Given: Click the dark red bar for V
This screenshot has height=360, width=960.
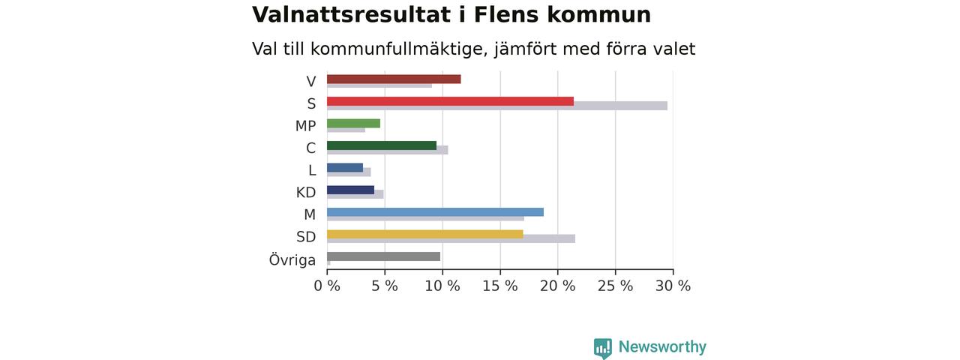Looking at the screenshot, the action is [x=394, y=79].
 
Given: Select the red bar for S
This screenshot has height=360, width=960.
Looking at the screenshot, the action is [x=451, y=101].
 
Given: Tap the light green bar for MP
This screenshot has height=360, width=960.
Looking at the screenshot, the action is [x=353, y=124].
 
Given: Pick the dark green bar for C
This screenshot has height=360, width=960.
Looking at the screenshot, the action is [x=382, y=145].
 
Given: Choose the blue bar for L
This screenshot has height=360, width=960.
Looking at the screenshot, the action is [x=345, y=167].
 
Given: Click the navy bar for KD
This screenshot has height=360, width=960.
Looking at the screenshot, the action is [x=350, y=190].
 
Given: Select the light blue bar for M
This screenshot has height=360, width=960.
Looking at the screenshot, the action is [x=436, y=212].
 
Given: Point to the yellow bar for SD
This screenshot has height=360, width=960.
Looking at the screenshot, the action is [x=425, y=235].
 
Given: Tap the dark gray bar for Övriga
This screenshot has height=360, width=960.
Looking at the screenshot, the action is [x=383, y=256].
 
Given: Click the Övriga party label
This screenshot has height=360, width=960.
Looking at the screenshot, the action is [x=292, y=259].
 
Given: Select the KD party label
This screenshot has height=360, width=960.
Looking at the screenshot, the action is [x=306, y=193].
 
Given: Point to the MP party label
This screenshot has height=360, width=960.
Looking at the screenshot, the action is [x=305, y=126].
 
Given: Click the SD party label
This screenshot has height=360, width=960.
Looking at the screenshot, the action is [x=306, y=236].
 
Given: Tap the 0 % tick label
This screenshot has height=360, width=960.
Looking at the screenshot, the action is [x=327, y=286].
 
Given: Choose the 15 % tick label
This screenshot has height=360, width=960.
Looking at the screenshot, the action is [x=500, y=286].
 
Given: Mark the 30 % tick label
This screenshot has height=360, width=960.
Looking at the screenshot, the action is [x=673, y=286].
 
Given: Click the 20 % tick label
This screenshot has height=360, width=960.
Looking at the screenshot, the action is [x=557, y=286].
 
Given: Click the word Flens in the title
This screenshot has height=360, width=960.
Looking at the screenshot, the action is [x=506, y=15].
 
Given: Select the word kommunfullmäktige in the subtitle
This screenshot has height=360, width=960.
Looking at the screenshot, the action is [x=400, y=49].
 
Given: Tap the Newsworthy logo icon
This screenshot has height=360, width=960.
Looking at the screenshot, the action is [x=603, y=347].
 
